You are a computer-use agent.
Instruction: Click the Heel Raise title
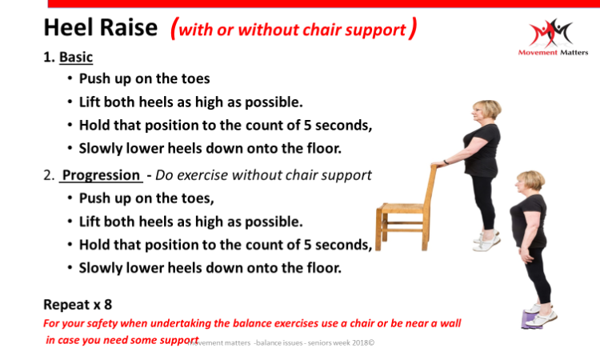coord(101,27)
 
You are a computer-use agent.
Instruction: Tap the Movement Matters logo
coord(553,37)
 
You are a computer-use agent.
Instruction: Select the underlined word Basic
coord(76,57)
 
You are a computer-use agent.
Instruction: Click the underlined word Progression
coord(101,175)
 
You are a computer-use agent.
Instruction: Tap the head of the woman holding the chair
coord(486,111)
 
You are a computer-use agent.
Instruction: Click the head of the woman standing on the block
coord(529,182)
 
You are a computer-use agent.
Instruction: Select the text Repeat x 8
coord(78,305)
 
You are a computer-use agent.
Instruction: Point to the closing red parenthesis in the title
coord(412,28)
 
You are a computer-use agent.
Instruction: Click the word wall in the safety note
coord(450,323)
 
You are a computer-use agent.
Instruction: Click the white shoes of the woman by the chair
coord(486,240)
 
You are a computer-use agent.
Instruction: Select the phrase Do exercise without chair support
coord(263,175)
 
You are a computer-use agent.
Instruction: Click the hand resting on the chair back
coord(437,165)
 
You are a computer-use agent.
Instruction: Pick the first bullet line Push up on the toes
coord(144,79)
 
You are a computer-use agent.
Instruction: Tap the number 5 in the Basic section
coord(307,125)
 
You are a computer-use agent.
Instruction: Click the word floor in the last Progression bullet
coord(324,268)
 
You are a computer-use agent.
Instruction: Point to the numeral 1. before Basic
coord(49,57)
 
